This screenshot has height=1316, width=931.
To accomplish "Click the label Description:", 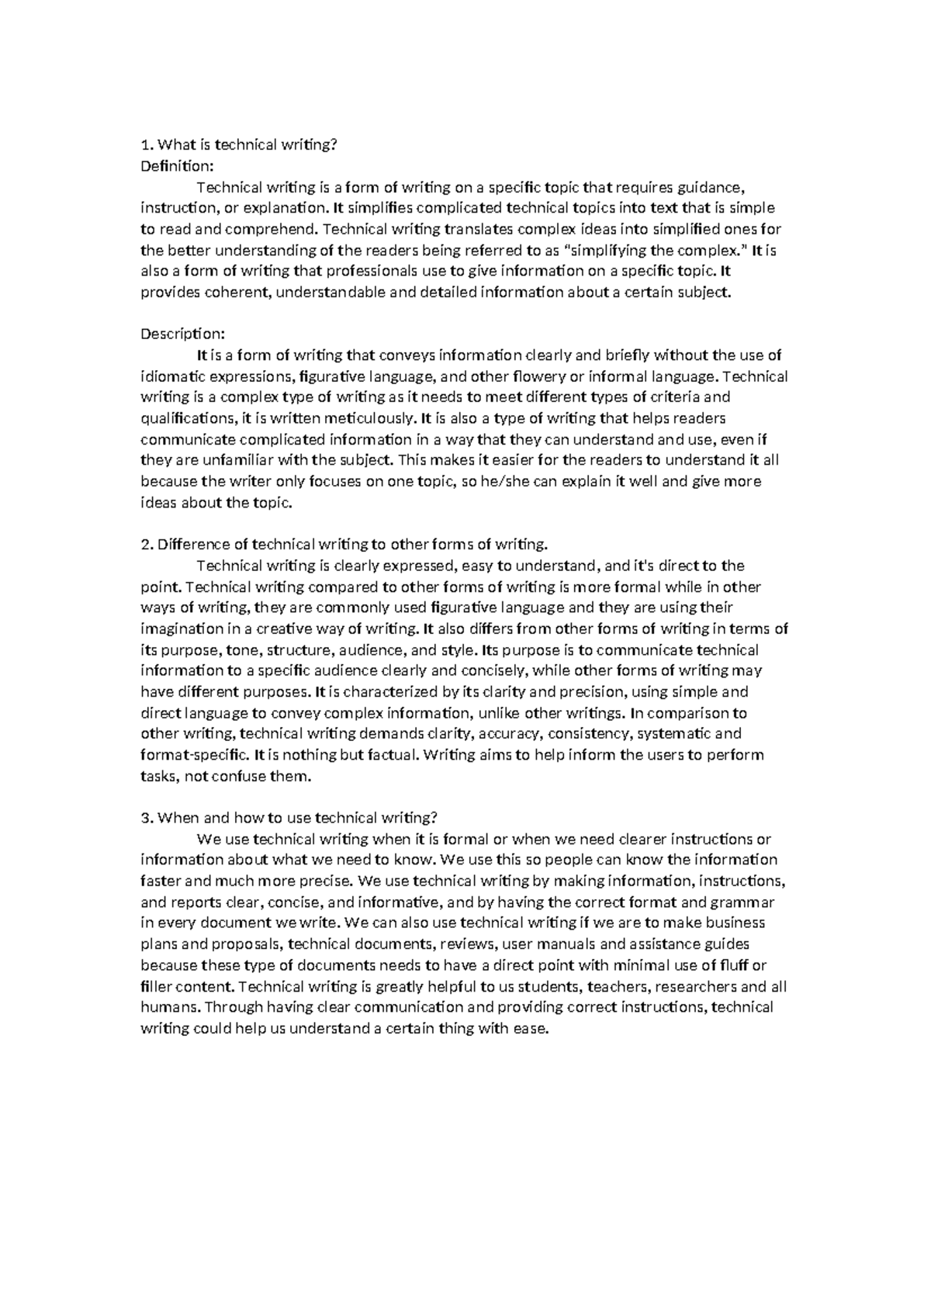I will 182,334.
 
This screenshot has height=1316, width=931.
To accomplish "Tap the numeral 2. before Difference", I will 147,544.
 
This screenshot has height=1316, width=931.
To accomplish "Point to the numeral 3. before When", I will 147,818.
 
